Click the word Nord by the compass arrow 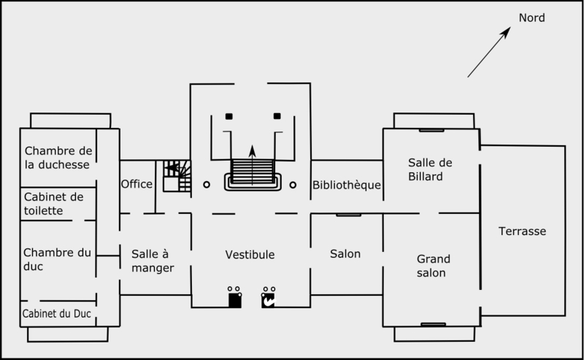(x=531, y=18)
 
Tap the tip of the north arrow (x=509, y=29)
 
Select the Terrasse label (x=522, y=231)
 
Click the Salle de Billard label (x=426, y=169)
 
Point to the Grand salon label (x=433, y=266)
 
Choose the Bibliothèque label (x=347, y=185)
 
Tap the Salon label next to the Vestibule (x=345, y=254)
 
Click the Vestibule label (x=250, y=255)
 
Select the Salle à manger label (x=153, y=261)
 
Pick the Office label (x=137, y=183)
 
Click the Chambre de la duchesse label (x=58, y=158)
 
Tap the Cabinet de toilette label (x=54, y=204)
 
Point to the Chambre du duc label (x=58, y=259)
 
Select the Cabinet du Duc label (x=60, y=313)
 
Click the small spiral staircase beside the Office (x=176, y=176)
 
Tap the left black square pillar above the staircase (x=228, y=116)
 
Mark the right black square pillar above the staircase (x=277, y=116)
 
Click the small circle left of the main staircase (x=207, y=185)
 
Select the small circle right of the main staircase (x=293, y=185)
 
